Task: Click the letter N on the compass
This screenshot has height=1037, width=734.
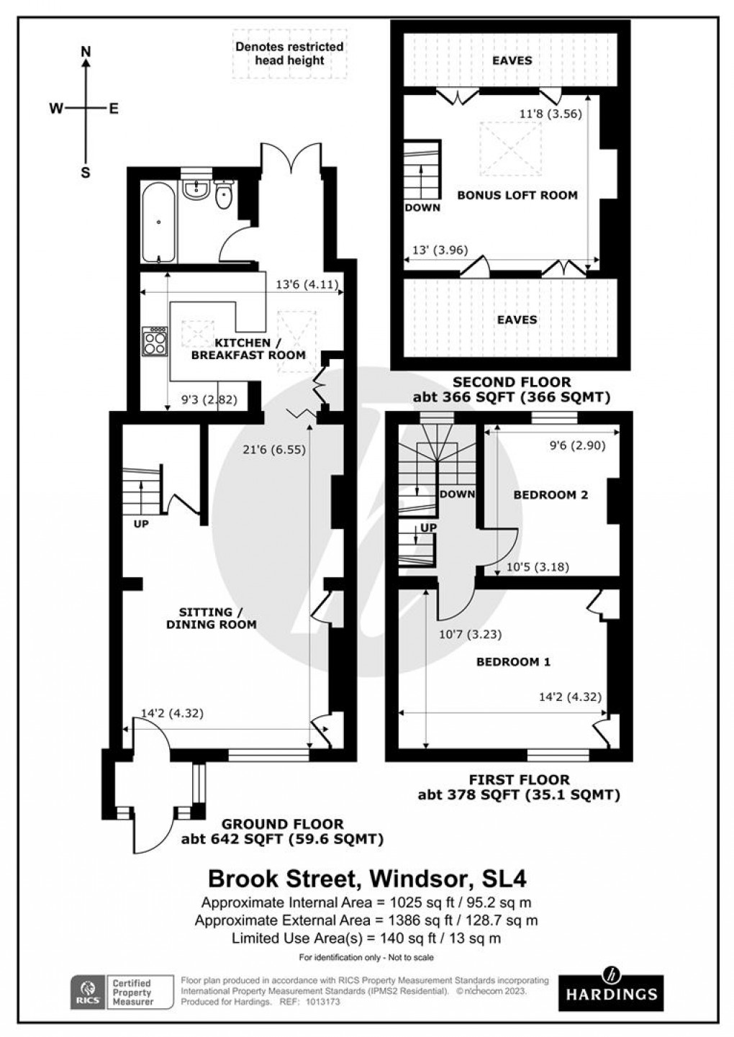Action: coord(86,51)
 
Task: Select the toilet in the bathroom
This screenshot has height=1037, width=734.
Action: coord(224,194)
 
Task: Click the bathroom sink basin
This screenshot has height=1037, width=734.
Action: coord(195,190)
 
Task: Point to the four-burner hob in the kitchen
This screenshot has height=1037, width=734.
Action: coord(155,341)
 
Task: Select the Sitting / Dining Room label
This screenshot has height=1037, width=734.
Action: coord(211,618)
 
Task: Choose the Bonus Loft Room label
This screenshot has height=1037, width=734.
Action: coord(517,195)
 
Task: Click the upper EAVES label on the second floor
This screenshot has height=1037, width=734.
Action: coord(512,60)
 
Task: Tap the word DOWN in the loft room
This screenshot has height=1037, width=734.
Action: coord(422,207)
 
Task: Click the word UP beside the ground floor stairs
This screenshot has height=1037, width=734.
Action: coord(141,524)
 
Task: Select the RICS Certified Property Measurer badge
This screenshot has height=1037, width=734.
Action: coord(122,992)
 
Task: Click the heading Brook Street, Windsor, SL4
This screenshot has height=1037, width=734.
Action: coord(367,879)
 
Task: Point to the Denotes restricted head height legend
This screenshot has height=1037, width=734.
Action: coord(289,54)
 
